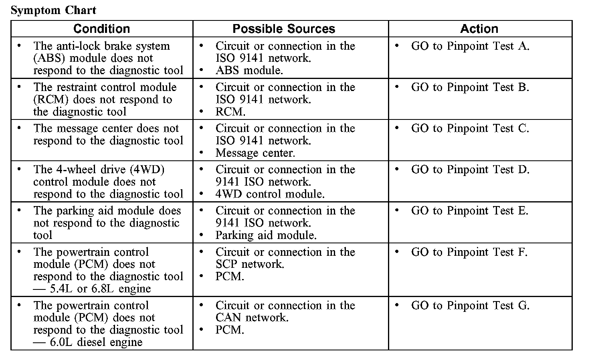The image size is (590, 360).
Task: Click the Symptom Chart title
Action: (x=53, y=10)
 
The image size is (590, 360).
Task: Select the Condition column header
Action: (x=102, y=29)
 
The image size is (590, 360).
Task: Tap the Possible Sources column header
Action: (x=283, y=29)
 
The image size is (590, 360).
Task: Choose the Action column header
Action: (x=479, y=29)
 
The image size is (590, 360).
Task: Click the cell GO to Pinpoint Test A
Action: (x=470, y=46)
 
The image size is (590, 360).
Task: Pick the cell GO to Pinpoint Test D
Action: (x=470, y=170)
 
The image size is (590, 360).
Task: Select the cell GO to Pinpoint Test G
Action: (x=470, y=305)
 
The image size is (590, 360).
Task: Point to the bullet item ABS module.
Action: (x=249, y=71)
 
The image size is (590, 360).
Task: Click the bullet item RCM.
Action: (x=230, y=112)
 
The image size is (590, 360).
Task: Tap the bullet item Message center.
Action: (x=255, y=153)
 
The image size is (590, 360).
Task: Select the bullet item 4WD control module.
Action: (x=270, y=194)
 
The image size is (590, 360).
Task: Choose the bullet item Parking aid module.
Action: (x=266, y=235)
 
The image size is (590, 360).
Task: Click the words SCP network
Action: (x=250, y=264)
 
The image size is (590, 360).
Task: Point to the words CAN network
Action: (x=252, y=318)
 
